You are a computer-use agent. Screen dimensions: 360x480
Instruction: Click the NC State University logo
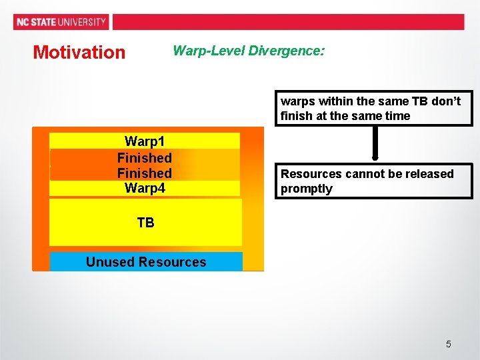pyautogui.click(x=61, y=22)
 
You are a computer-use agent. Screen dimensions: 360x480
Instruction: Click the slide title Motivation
pyautogui.click(x=79, y=52)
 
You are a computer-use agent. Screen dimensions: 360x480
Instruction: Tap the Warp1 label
pyautogui.click(x=145, y=141)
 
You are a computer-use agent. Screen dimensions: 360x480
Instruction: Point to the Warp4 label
pyautogui.click(x=145, y=189)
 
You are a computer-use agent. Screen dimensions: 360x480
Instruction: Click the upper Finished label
pyautogui.click(x=145, y=158)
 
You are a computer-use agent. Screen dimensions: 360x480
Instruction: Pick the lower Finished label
pyautogui.click(x=145, y=173)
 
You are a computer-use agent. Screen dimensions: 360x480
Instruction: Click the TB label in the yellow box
pyautogui.click(x=145, y=223)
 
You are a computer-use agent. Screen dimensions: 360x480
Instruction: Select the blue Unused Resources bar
pyautogui.click(x=146, y=262)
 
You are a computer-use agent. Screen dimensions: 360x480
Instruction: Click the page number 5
pyautogui.click(x=448, y=344)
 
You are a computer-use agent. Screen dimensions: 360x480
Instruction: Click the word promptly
pyautogui.click(x=306, y=189)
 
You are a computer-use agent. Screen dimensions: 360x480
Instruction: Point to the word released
pyautogui.click(x=431, y=174)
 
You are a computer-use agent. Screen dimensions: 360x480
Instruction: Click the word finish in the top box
pyautogui.click(x=295, y=116)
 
